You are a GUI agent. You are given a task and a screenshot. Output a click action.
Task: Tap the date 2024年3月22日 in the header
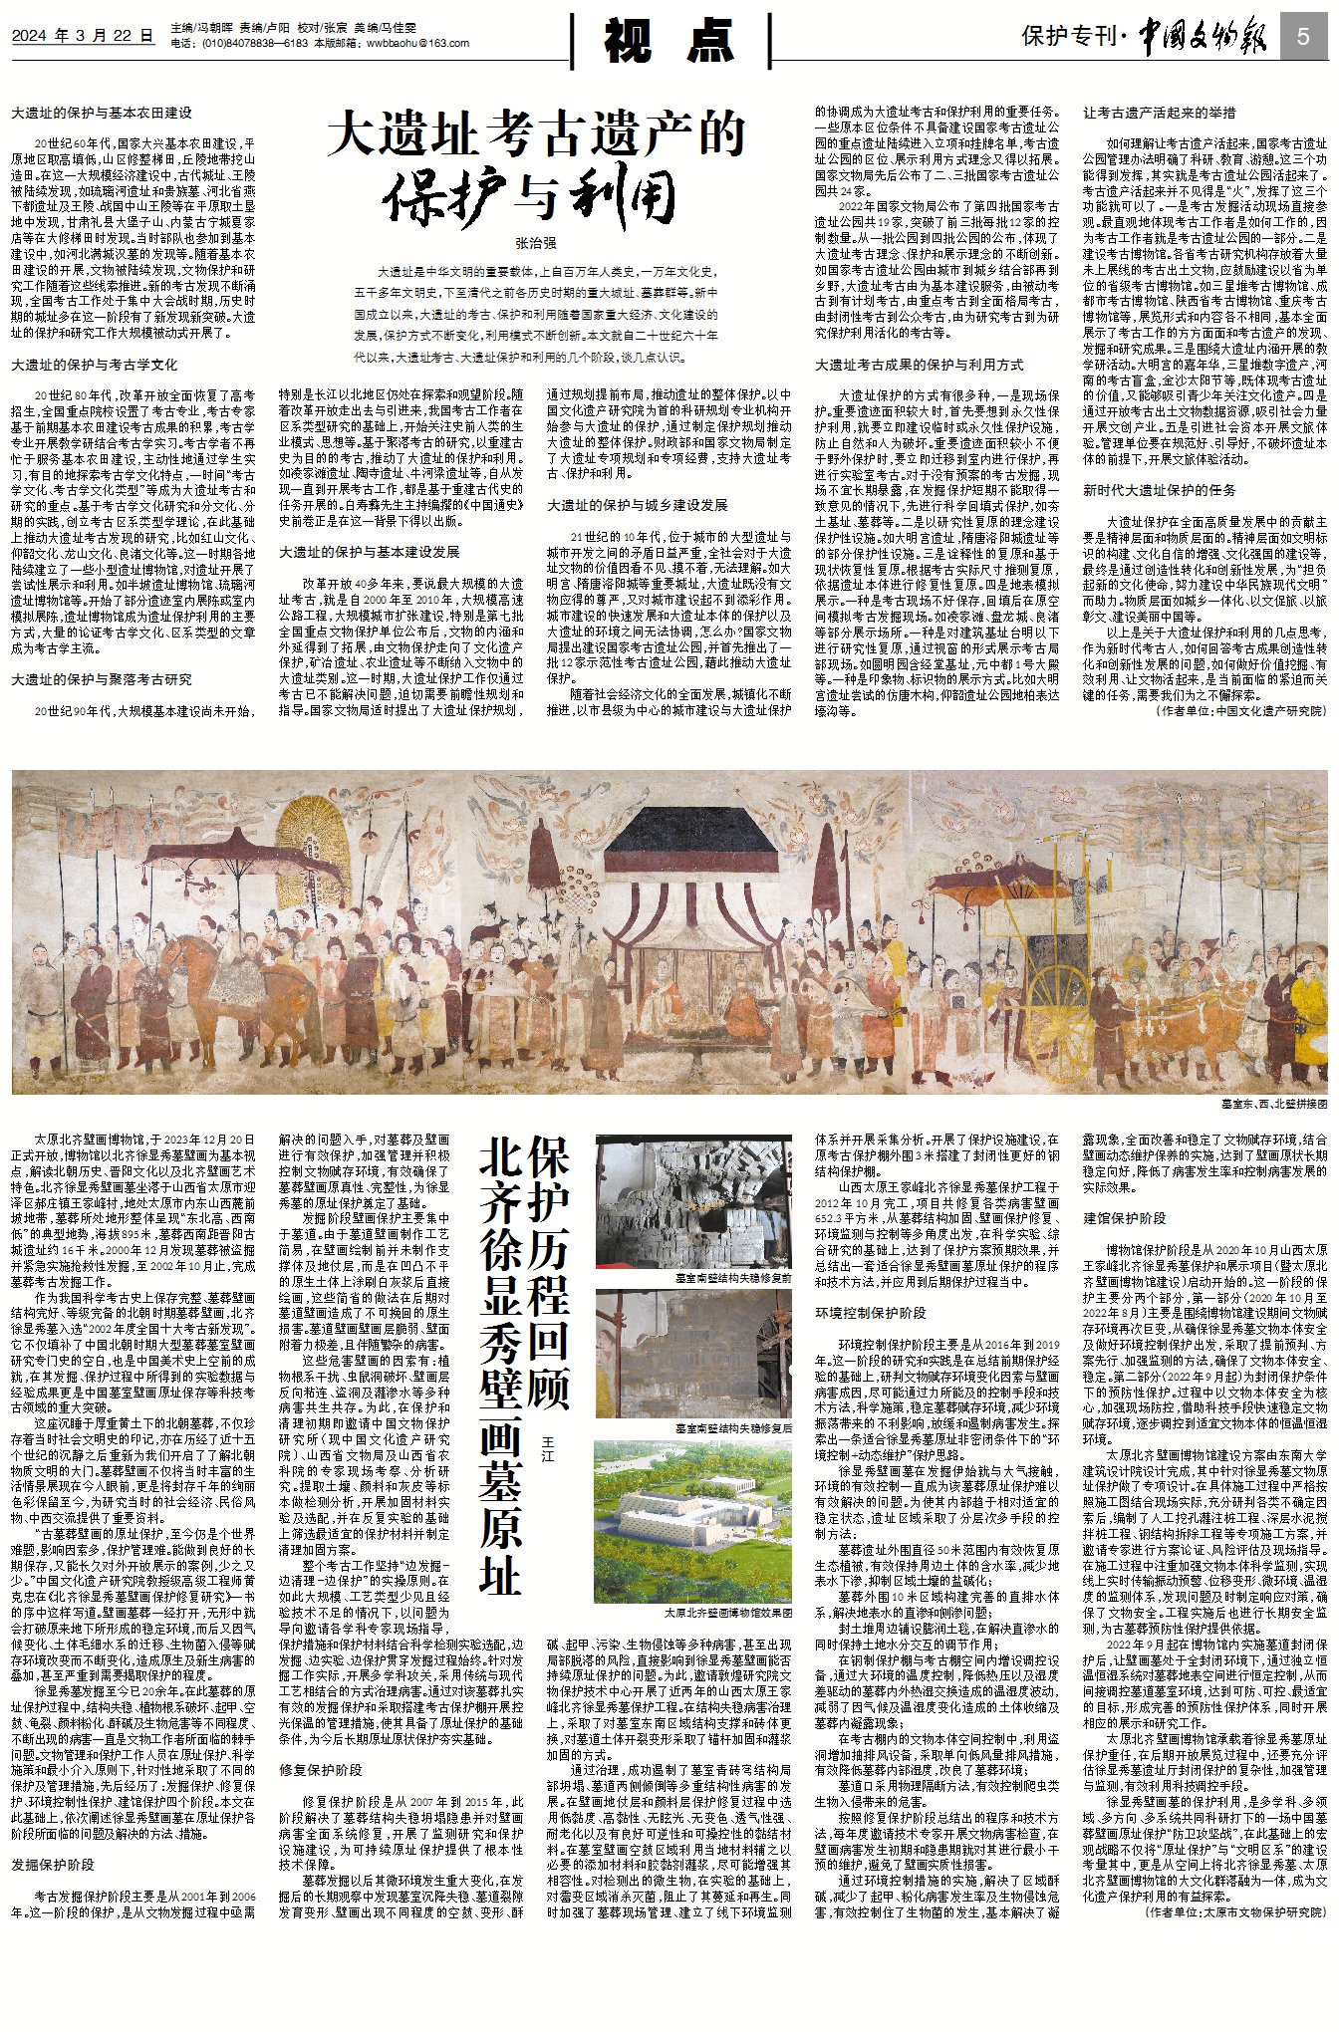(84, 36)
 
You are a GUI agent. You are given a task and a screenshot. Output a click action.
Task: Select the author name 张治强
(536, 243)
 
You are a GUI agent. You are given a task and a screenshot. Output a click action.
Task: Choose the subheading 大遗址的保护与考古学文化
(95, 366)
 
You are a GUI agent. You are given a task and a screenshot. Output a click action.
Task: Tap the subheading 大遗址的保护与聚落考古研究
(102, 679)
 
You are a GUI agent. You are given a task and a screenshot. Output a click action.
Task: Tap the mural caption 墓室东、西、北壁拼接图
(1274, 1105)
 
